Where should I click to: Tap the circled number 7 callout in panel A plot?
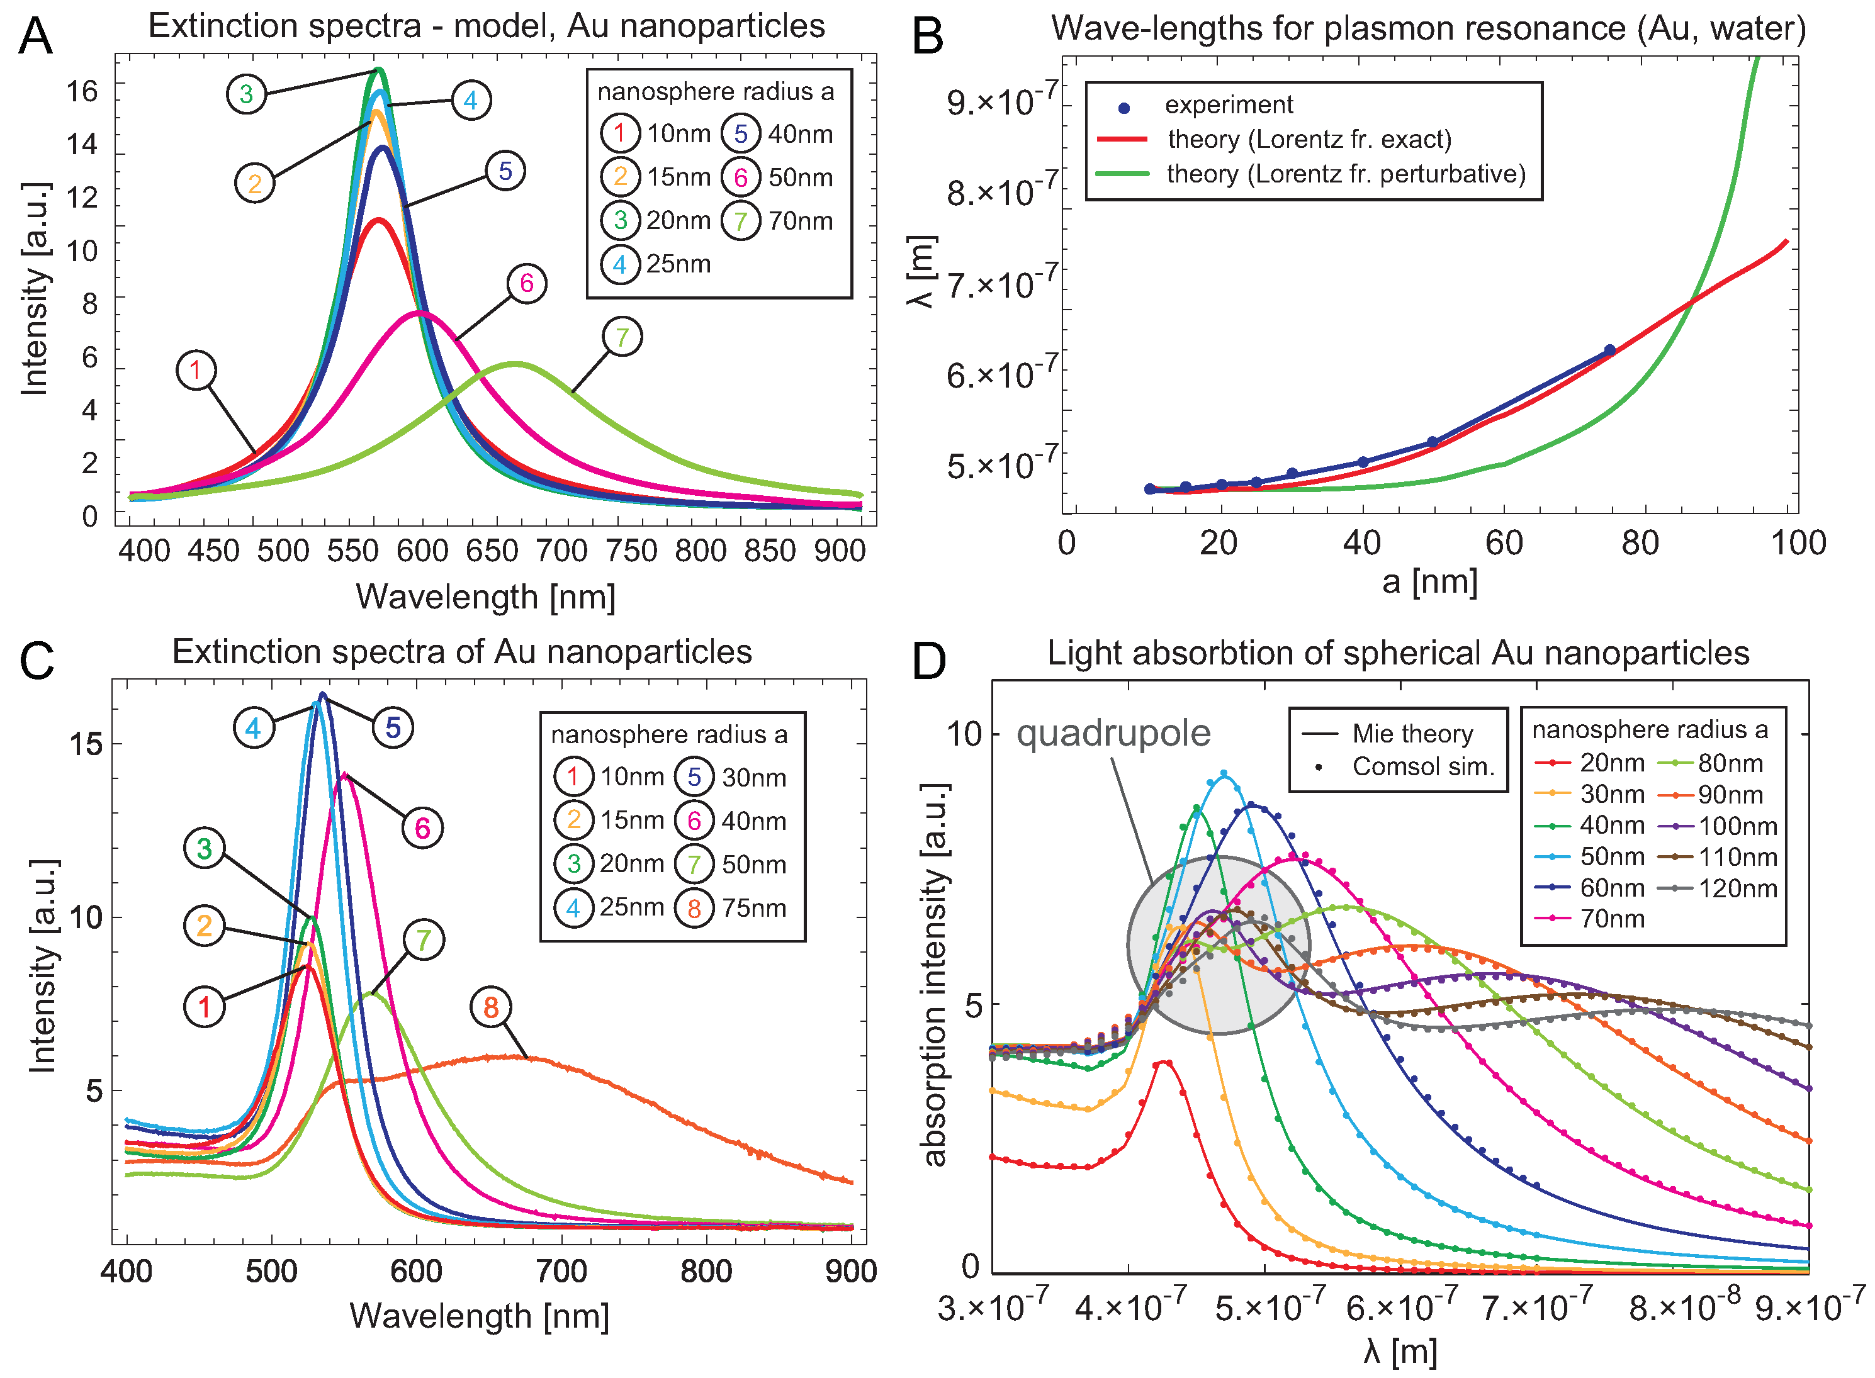(622, 337)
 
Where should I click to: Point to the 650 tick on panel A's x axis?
(492, 551)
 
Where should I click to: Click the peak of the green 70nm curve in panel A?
(515, 364)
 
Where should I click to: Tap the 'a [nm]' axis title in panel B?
(1429, 581)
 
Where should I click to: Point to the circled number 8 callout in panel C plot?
(491, 1007)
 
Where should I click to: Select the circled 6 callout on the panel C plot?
(422, 828)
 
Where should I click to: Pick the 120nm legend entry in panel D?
(1736, 888)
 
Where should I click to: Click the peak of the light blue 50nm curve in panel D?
(1224, 773)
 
